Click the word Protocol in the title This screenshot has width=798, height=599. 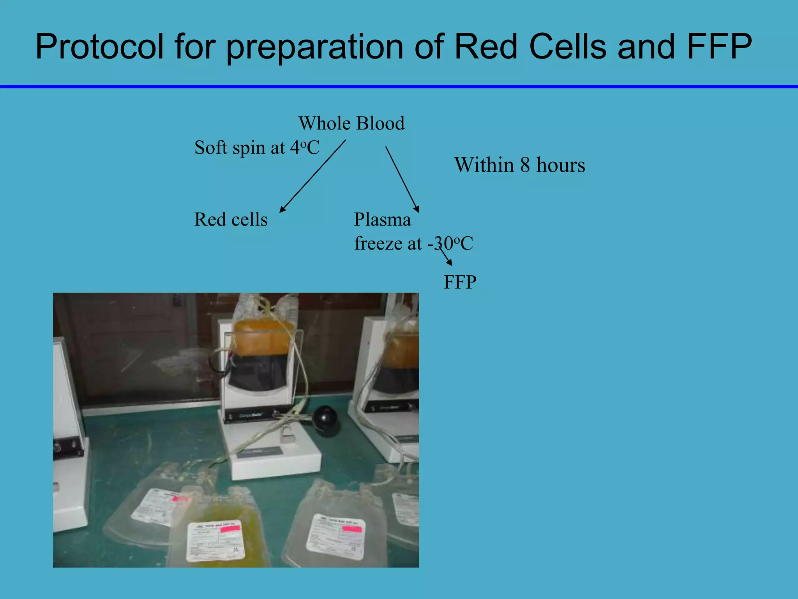[x=100, y=47]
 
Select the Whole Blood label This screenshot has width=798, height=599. [x=351, y=123]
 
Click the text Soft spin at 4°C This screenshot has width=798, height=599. [x=257, y=148]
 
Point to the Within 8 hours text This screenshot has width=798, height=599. [x=519, y=165]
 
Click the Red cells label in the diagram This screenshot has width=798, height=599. [x=231, y=220]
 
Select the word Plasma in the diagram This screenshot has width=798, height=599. [x=382, y=220]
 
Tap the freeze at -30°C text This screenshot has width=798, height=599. [x=413, y=244]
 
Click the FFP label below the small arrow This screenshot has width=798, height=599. [x=460, y=282]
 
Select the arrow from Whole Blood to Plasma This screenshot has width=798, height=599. [x=402, y=179]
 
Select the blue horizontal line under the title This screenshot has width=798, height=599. [x=399, y=87]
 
